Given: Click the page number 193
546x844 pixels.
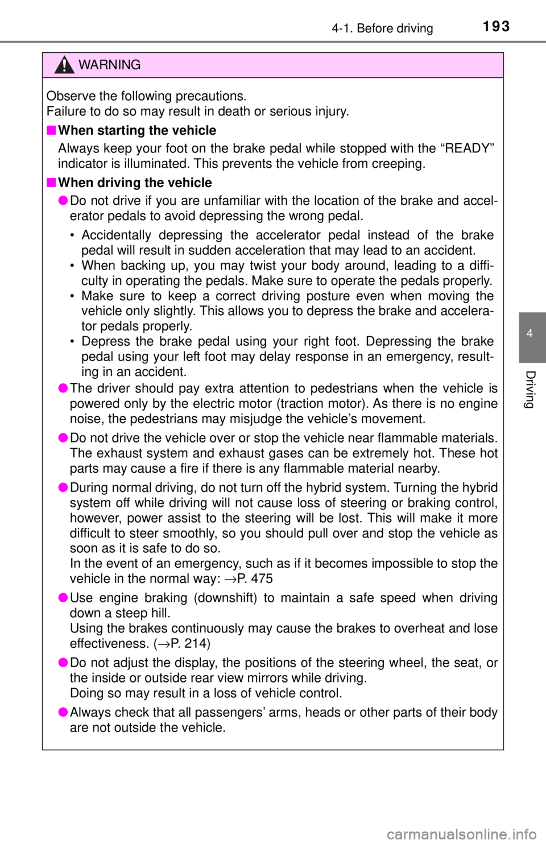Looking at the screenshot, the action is tap(496, 27).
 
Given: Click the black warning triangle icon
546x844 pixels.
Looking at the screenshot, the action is tap(64, 65).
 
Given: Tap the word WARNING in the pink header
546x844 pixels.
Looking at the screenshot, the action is tap(109, 65).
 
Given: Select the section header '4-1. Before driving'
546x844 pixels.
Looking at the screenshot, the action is tap(382, 28).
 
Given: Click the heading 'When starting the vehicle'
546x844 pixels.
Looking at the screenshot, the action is tap(137, 130).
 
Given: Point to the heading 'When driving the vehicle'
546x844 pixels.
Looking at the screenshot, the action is tap(135, 183).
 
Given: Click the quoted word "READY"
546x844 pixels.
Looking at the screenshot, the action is tap(468, 148).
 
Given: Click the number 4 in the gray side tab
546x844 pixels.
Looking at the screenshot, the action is tap(530, 333).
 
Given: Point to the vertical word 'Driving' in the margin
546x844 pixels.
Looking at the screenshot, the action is tap(530, 390).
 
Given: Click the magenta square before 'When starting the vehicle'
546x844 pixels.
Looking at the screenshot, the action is tap(51, 130).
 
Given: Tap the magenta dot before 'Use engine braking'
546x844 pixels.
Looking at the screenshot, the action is tap(63, 597).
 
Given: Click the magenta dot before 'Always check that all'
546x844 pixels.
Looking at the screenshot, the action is tap(63, 711).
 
